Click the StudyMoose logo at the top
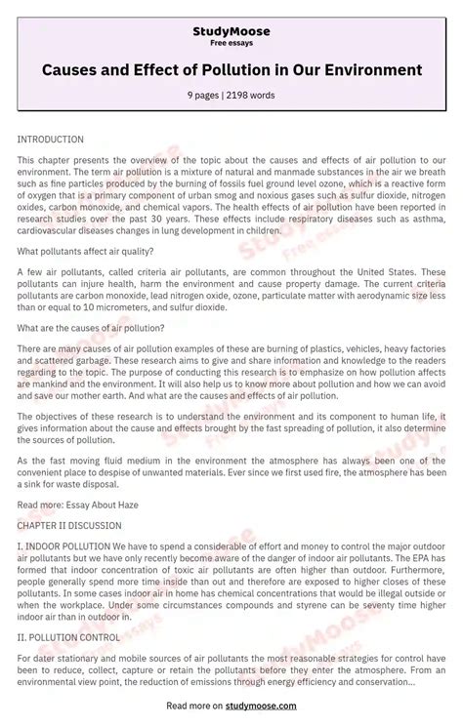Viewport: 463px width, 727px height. tap(231, 31)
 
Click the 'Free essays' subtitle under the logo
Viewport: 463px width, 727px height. tap(231, 44)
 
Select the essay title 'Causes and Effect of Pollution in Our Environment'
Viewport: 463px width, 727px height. tap(231, 70)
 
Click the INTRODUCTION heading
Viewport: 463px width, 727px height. tap(51, 140)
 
